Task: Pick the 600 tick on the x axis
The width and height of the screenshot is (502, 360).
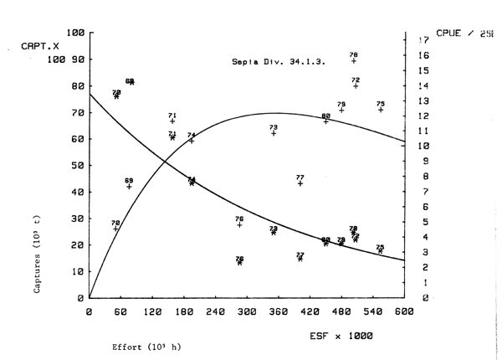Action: pyautogui.click(x=403, y=311)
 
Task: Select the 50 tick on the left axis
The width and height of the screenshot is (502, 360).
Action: pyautogui.click(x=77, y=165)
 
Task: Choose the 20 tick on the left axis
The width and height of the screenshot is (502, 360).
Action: pyautogui.click(x=77, y=244)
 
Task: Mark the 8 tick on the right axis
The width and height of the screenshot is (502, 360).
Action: pyautogui.click(x=426, y=177)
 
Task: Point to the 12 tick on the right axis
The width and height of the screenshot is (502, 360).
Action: pyautogui.click(x=423, y=116)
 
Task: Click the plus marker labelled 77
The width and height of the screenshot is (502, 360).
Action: pyautogui.click(x=300, y=183)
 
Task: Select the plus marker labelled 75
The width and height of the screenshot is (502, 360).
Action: pyautogui.click(x=381, y=110)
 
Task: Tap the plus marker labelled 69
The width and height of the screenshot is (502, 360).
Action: pyautogui.click(x=129, y=186)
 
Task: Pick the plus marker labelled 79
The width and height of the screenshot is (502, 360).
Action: pyautogui.click(x=341, y=110)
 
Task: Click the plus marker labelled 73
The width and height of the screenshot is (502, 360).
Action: pyautogui.click(x=274, y=133)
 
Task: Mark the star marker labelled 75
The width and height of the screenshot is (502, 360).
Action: pyautogui.click(x=381, y=251)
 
